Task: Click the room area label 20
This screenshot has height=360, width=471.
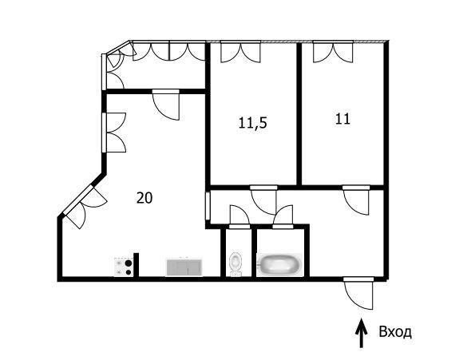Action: click(144, 198)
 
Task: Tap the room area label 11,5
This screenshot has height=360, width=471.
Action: click(252, 123)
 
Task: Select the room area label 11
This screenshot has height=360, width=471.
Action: click(342, 119)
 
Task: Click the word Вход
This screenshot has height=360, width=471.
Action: click(395, 332)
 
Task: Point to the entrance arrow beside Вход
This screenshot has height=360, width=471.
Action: click(361, 333)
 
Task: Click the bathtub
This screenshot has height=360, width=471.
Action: click(280, 265)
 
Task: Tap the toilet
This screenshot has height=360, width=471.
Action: click(235, 263)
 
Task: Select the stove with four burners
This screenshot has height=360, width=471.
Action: click(124, 267)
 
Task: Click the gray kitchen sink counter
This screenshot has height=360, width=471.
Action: click(184, 267)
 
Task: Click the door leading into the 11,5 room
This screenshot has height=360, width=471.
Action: click(263, 200)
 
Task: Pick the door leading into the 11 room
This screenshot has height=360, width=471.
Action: click(356, 200)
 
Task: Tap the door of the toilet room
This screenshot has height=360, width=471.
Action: click(239, 217)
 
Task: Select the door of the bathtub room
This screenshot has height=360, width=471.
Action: click(283, 217)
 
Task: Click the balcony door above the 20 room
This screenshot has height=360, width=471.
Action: click(166, 105)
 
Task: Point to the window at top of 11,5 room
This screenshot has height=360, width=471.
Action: click(240, 51)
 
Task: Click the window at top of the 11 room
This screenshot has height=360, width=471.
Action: click(333, 51)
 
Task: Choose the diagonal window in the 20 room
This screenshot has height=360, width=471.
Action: click(83, 204)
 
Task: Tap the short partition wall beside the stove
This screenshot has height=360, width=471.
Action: click(136, 264)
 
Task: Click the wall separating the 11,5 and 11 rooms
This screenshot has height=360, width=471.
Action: click(299, 114)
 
